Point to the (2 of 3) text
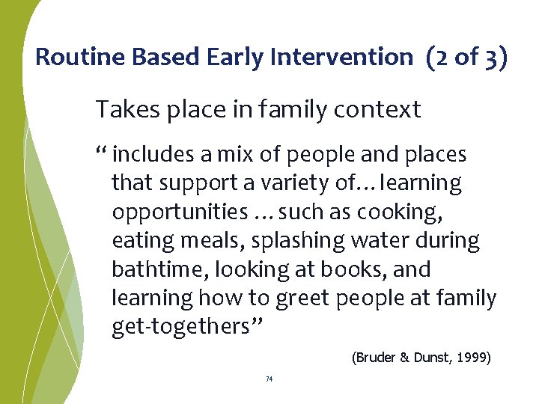tap(466, 57)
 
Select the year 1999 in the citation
tap(471, 358)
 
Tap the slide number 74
tap(269, 379)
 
